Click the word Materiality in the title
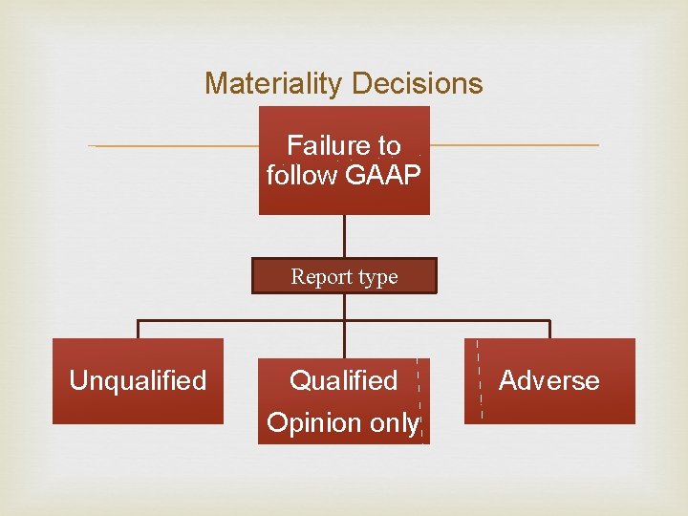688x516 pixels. (272, 84)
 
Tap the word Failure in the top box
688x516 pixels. (327, 146)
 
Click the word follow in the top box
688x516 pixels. (301, 176)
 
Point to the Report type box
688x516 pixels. (344, 276)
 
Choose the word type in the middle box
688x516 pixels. (377, 277)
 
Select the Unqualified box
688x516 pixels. (138, 380)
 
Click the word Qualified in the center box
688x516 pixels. (343, 380)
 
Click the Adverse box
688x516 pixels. (549, 380)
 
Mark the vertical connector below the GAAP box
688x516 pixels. (344, 236)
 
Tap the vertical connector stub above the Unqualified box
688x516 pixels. (138, 329)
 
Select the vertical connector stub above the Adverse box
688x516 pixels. (550, 329)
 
